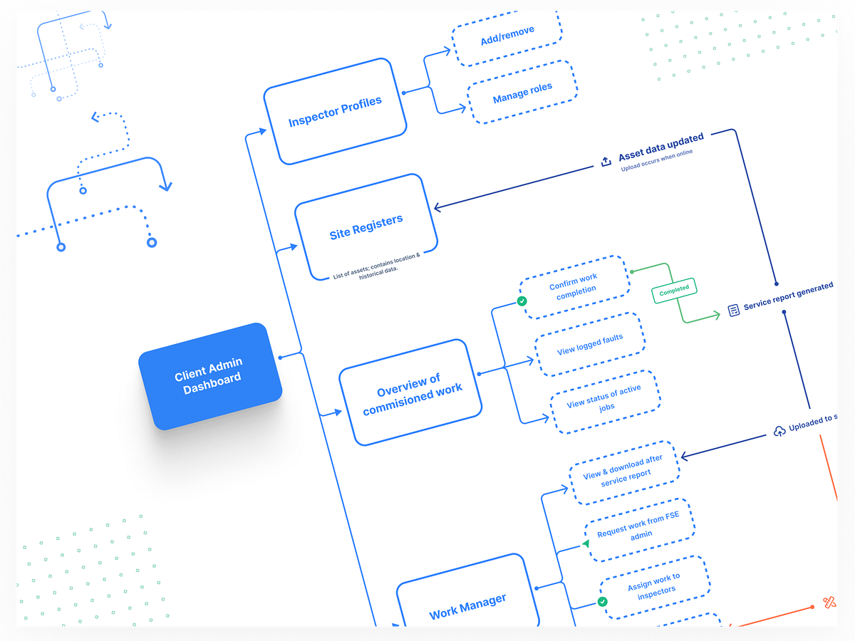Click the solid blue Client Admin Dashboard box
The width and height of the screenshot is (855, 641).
[209, 375]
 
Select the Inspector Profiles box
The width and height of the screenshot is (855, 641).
[335, 112]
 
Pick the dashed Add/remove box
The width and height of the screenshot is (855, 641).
[507, 36]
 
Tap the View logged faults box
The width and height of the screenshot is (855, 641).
[590, 344]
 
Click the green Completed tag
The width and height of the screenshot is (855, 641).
[674, 289]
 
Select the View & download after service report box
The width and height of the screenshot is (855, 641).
[624, 469]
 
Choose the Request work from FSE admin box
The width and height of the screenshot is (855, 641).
[639, 528]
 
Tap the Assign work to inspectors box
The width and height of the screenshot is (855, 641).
[653, 587]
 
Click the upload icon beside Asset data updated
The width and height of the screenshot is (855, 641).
[606, 162]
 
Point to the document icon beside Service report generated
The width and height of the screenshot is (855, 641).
[733, 310]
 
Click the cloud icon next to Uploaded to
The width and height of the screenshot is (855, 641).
[779, 432]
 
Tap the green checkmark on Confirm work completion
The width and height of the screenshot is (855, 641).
[522, 301]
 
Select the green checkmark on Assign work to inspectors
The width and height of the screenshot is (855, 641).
[602, 603]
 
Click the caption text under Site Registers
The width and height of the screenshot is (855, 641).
[376, 266]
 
